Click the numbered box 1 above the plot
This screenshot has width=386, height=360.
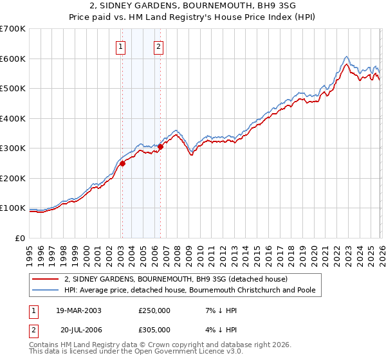(121, 46)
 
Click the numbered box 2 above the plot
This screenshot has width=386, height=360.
(158, 46)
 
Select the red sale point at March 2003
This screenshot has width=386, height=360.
(122, 163)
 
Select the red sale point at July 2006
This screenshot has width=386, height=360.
(160, 147)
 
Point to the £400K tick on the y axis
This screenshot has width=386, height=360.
(14, 118)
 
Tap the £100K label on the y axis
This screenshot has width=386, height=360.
(14, 208)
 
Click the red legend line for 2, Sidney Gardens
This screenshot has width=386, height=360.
(46, 279)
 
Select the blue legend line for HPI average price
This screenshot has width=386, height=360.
(46, 290)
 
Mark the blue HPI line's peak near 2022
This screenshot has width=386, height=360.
(346, 57)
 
